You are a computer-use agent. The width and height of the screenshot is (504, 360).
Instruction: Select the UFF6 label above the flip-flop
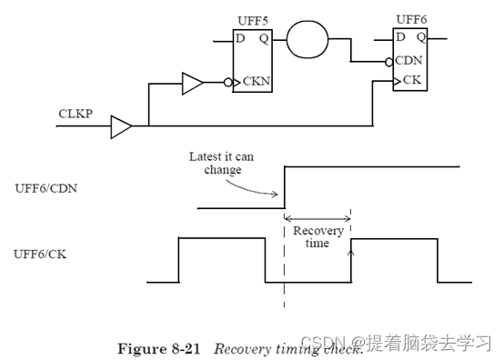412,18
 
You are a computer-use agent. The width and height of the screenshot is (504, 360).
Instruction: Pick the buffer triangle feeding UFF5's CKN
193,85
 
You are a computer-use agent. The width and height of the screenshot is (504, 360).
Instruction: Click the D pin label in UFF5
240,39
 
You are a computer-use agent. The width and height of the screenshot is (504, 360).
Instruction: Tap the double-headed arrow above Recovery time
318,218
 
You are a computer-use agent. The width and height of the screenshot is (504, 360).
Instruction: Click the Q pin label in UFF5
264,39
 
